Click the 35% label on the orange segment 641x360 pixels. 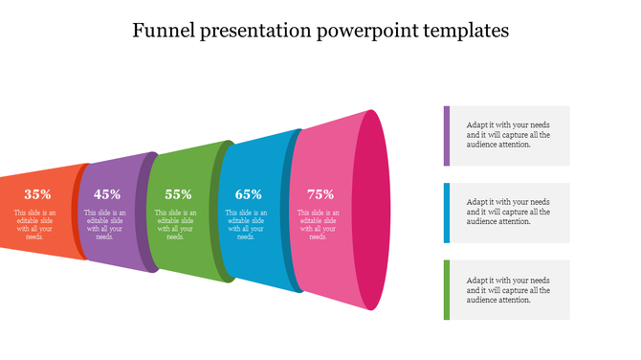(x=37, y=193)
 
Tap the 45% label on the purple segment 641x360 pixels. (x=107, y=193)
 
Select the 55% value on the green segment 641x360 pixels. (x=178, y=193)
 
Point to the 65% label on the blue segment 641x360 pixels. (x=248, y=193)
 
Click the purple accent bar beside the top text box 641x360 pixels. (x=446, y=135)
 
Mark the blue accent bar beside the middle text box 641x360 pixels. (x=446, y=212)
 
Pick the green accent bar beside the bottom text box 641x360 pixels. (x=446, y=289)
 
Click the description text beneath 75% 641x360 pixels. (x=319, y=224)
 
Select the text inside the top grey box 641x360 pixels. (x=508, y=135)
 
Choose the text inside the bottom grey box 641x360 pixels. (x=508, y=289)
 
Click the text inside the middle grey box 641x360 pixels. (x=508, y=212)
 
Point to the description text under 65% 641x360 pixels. (x=248, y=224)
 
